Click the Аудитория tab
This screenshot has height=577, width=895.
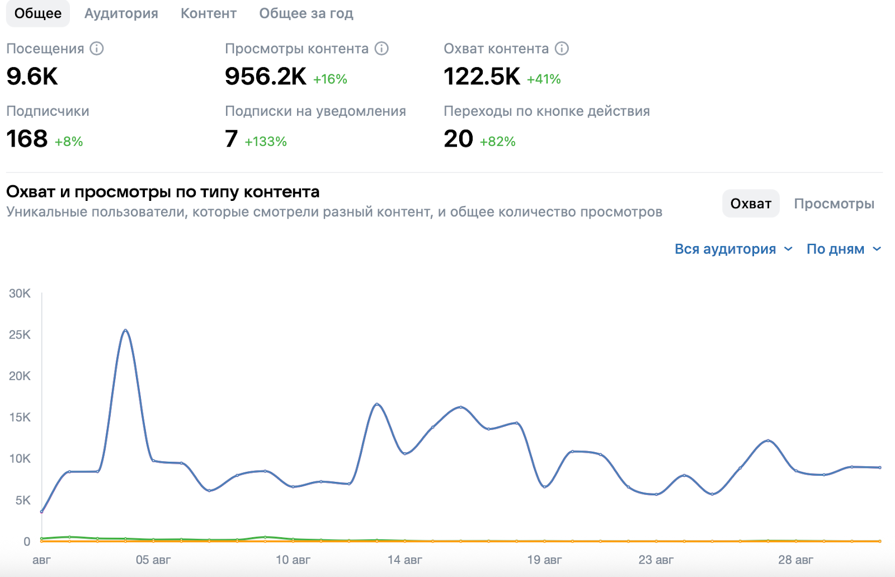click(x=121, y=13)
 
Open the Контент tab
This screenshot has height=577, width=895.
click(x=208, y=13)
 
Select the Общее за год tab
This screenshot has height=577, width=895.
click(x=306, y=13)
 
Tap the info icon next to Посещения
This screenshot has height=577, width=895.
click(x=97, y=49)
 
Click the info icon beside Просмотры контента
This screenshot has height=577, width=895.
click(x=381, y=49)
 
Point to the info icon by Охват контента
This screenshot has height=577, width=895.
click(x=562, y=49)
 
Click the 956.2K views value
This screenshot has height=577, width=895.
click(x=265, y=77)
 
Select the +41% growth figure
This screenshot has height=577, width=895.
click(x=544, y=79)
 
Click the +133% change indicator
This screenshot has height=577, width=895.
click(x=266, y=142)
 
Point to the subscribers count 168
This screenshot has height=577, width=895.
click(x=27, y=139)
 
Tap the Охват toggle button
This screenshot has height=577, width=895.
click(x=751, y=204)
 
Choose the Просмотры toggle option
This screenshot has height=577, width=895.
click(x=834, y=204)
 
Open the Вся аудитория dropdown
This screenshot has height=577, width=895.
click(x=733, y=249)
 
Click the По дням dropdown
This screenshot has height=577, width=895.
click(x=844, y=249)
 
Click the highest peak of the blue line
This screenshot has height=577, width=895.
click(x=125, y=330)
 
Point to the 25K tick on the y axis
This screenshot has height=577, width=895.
click(x=20, y=335)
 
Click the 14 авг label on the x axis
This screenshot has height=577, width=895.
click(x=404, y=560)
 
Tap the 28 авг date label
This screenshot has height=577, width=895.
click(x=795, y=560)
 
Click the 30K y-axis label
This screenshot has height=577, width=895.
click(x=20, y=293)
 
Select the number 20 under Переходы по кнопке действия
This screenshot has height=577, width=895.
click(x=458, y=139)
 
